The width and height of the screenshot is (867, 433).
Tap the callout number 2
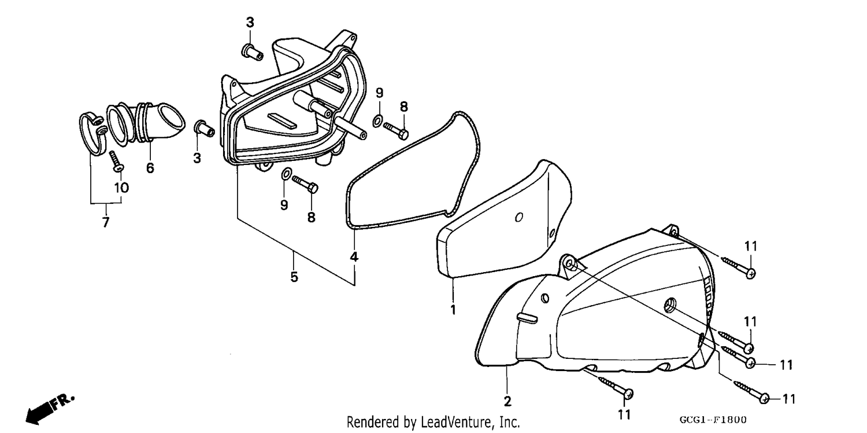[x=507, y=401]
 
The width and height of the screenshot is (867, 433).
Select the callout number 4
[x=354, y=256]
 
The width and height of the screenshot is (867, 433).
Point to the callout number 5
[x=294, y=277]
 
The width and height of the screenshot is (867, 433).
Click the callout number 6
[x=150, y=168]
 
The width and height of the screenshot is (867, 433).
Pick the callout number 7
[x=106, y=222]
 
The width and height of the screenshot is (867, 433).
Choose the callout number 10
[x=121, y=188]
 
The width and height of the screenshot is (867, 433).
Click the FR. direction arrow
[x=50, y=409]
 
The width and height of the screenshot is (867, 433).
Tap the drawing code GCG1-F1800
[x=713, y=420]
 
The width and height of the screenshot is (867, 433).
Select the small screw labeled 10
[x=116, y=162]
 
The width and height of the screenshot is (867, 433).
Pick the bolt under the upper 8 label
[x=395, y=130]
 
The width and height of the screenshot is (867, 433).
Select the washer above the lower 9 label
[x=286, y=174]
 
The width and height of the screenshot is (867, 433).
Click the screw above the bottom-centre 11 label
[x=616, y=388]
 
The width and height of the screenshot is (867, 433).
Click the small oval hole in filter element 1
[x=518, y=217]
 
